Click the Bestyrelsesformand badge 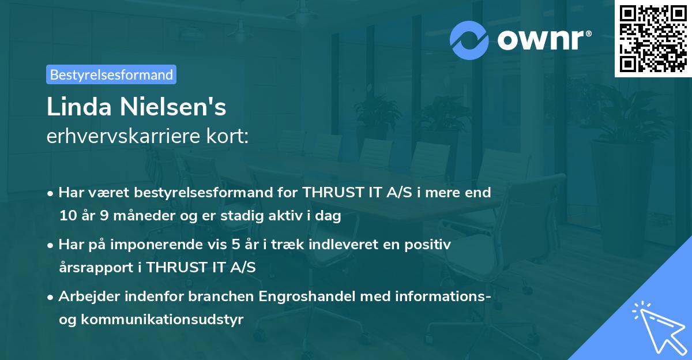point(111,74)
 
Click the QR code point(653,38)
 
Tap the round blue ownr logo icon point(469,40)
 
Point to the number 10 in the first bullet point(68,216)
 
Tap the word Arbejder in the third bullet point(86,297)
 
